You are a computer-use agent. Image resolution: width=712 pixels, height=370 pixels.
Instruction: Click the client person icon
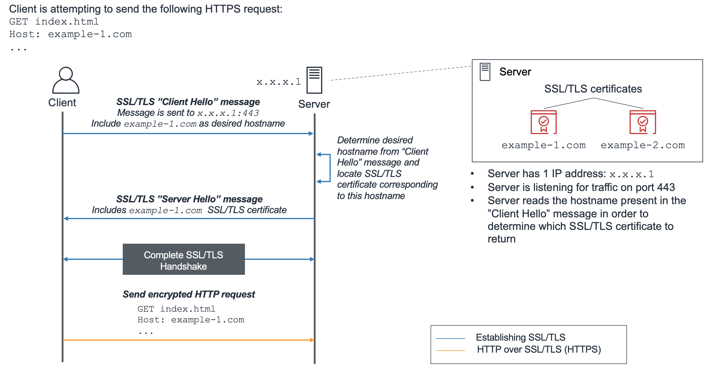[x=66, y=80]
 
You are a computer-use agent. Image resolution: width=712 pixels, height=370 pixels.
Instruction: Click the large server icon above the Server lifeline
[x=314, y=80]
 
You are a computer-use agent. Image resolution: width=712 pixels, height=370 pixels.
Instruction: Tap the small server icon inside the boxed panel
[x=485, y=72]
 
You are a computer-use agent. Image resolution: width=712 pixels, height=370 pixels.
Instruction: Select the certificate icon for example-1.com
[x=543, y=122]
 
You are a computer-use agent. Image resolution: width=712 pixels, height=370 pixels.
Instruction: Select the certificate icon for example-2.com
[x=643, y=122]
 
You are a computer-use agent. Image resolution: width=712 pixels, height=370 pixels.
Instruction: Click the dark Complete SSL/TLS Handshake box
[x=184, y=259]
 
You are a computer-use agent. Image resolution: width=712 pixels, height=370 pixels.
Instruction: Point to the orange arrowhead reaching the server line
[x=312, y=340]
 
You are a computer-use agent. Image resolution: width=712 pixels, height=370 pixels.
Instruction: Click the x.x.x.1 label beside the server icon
[x=278, y=82]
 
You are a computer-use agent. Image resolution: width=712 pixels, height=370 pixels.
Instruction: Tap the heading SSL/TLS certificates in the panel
[x=593, y=89]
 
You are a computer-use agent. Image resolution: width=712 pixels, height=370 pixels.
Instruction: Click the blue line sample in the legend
[x=450, y=339]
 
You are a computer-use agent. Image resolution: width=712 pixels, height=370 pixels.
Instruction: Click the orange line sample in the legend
[x=450, y=350]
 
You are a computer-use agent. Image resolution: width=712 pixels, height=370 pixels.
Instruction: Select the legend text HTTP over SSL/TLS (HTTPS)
[x=539, y=349]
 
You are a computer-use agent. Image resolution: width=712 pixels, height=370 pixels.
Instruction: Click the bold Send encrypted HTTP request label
[x=189, y=294]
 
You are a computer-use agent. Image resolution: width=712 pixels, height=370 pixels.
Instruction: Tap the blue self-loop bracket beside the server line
[x=329, y=168]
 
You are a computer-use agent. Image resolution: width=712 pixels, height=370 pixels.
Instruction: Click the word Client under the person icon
[x=62, y=103]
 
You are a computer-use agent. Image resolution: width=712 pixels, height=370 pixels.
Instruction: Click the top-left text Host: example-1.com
[x=70, y=34]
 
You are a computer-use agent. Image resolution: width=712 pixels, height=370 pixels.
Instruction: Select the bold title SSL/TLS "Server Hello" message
[x=189, y=199]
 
